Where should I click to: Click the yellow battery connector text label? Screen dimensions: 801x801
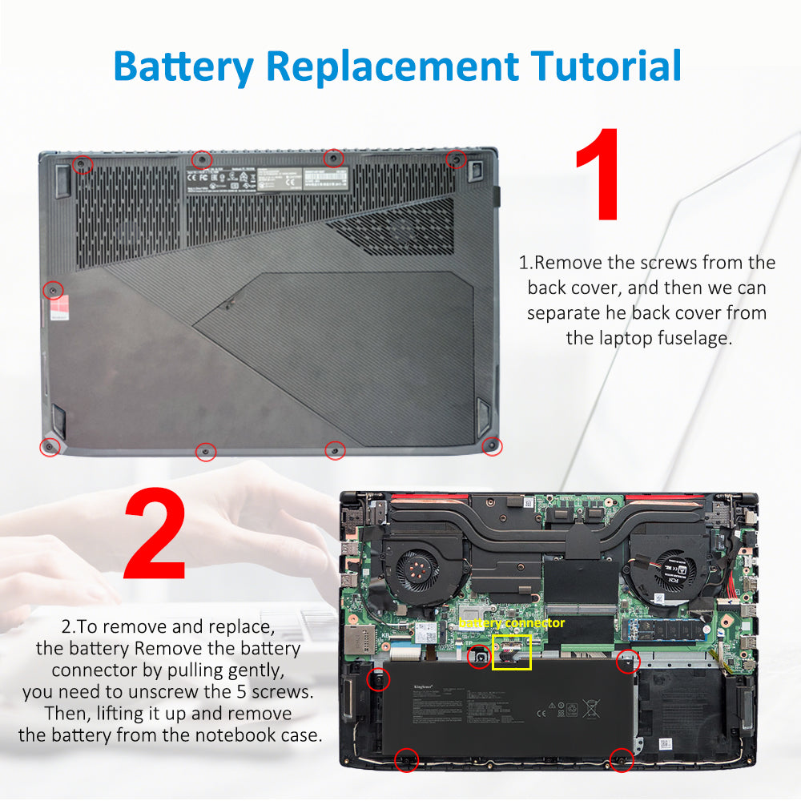pos(512,623)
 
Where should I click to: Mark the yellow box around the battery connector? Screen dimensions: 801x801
pos(510,652)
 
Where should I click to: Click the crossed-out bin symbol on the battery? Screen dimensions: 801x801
pos(592,709)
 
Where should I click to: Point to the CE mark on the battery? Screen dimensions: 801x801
pos(541,711)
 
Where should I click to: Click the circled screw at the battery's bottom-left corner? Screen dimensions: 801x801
pos(407,759)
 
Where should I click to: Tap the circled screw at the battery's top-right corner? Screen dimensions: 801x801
pos(627,661)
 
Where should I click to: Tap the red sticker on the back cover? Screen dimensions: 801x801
pos(56,310)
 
